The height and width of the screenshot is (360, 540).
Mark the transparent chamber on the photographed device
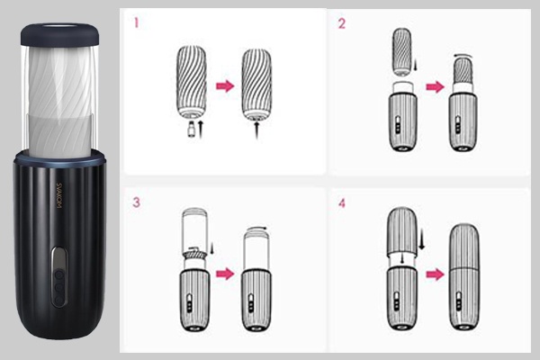click(x=59, y=99)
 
